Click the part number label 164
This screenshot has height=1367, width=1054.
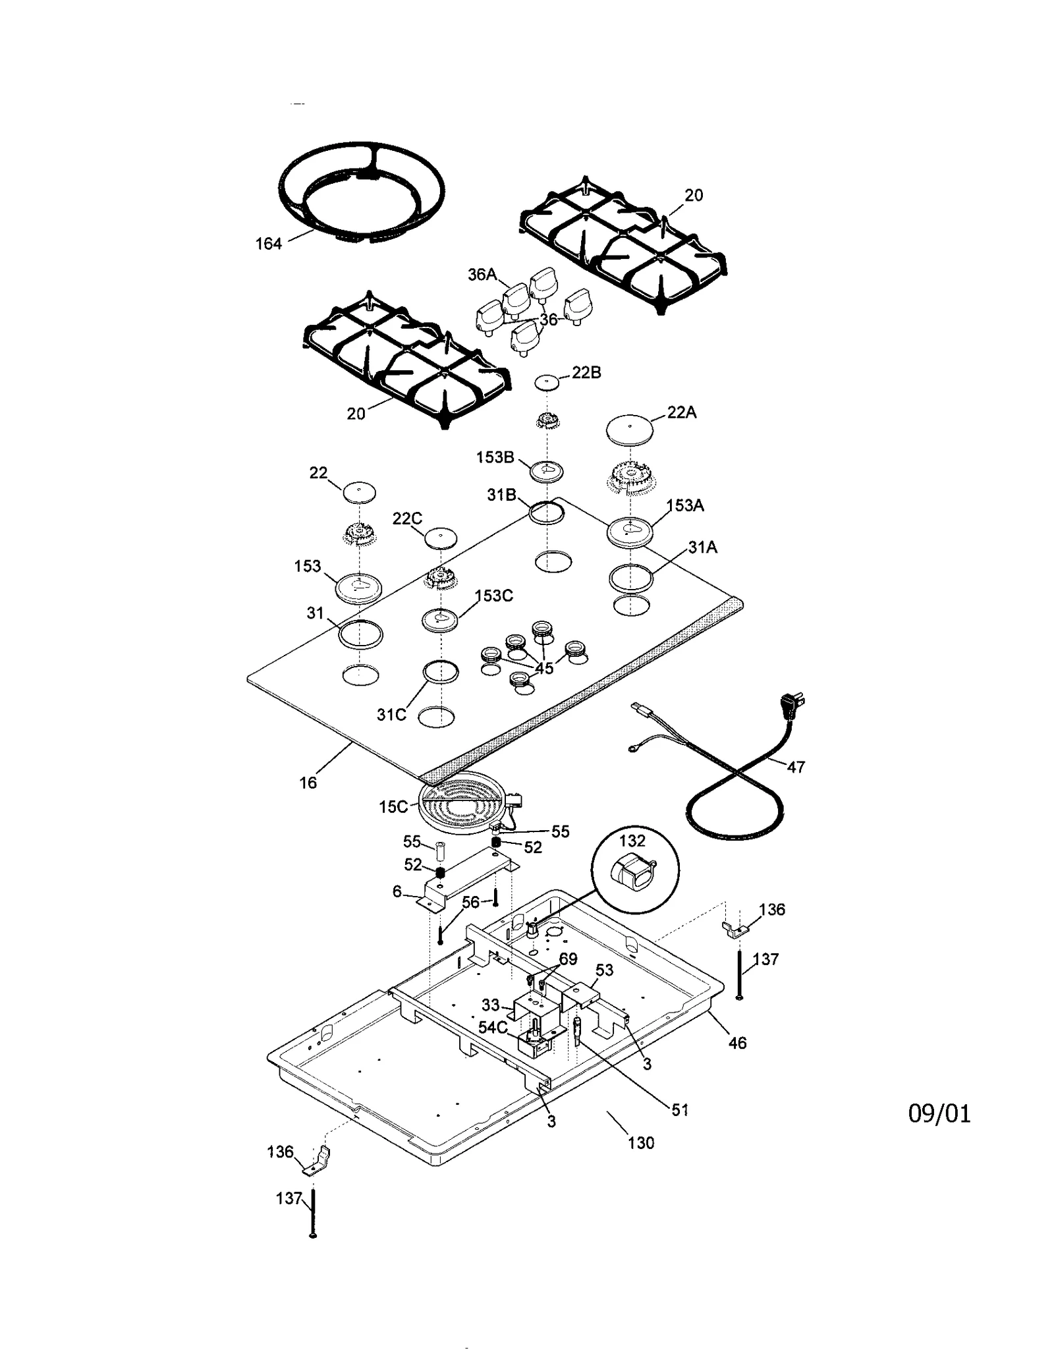click(x=268, y=244)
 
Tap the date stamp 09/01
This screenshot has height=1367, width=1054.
click(x=939, y=1113)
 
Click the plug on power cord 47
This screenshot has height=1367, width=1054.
click(x=794, y=706)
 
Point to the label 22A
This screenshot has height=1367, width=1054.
click(x=681, y=412)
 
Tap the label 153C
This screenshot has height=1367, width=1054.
click(x=493, y=596)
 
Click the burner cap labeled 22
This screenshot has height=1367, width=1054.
click(x=359, y=491)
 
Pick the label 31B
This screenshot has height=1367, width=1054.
click(x=501, y=495)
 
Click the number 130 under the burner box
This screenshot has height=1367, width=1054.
click(x=640, y=1142)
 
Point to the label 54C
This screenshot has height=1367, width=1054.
click(x=493, y=1027)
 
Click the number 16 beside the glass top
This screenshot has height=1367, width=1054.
click(x=308, y=783)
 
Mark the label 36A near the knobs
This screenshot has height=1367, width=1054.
click(x=482, y=275)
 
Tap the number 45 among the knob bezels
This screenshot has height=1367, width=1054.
click(x=543, y=668)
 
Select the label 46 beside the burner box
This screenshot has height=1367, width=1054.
click(x=737, y=1043)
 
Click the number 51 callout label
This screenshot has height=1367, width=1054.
click(x=680, y=1110)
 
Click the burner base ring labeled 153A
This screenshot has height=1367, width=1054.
click(x=630, y=531)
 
